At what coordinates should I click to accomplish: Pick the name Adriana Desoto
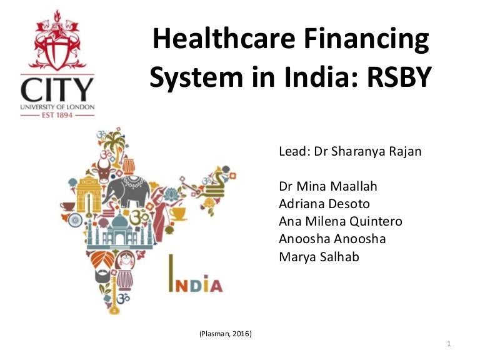pos(325,204)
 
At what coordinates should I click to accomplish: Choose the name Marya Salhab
pos(319,256)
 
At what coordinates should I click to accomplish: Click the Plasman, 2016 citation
pos(225,334)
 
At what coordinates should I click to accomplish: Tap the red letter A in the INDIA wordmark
pos(214,286)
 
